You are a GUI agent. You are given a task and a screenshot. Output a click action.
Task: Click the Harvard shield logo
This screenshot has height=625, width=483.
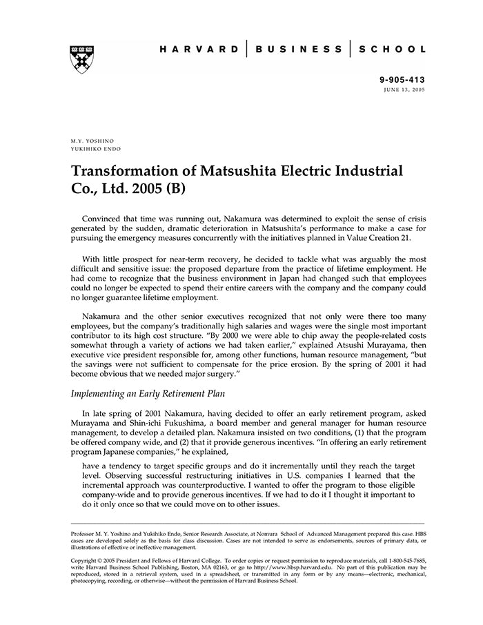[x=82, y=59]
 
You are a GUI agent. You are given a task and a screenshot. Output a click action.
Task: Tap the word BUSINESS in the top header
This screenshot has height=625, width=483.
[x=298, y=50]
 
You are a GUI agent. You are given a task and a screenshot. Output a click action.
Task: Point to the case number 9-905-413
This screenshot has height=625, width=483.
[x=402, y=80]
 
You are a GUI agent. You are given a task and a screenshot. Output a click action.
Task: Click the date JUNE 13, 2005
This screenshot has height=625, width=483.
[x=404, y=90]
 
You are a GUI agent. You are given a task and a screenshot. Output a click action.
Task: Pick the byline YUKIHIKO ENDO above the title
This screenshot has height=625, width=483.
[x=95, y=148]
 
